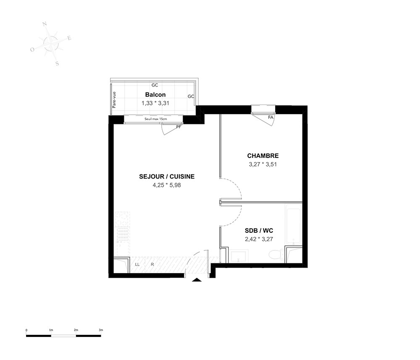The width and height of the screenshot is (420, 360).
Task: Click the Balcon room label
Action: pyautogui.click(x=155, y=95)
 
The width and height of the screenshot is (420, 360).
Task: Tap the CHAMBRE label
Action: pyautogui.click(x=263, y=155)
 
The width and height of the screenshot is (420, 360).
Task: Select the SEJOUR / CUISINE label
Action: pyautogui.click(x=167, y=176)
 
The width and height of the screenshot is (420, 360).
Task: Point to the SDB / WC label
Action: pyautogui.click(x=259, y=231)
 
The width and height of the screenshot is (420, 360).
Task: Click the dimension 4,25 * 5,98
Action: pyautogui.click(x=167, y=185)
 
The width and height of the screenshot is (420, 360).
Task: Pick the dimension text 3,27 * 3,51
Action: pyautogui.click(x=262, y=165)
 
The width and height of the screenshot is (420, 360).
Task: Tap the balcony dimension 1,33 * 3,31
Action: pyautogui.click(x=155, y=103)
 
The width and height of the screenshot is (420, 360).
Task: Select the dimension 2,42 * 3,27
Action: pyautogui.click(x=259, y=239)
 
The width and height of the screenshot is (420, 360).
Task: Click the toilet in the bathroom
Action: pyautogui.click(x=276, y=255)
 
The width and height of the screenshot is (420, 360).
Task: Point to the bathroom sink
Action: pyautogui.click(x=239, y=255)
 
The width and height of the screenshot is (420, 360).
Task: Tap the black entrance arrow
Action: pyautogui.click(x=197, y=280)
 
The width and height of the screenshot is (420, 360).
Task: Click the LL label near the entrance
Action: pyautogui.click(x=137, y=264)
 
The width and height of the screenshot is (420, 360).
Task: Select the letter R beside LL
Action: pyautogui.click(x=152, y=264)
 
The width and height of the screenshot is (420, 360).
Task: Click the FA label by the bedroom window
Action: pyautogui.click(x=270, y=117)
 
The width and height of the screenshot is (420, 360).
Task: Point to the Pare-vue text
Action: pyautogui.click(x=114, y=100)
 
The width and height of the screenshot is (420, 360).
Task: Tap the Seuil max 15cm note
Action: pyautogui.click(x=156, y=118)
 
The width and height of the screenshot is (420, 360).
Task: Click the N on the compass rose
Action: pyautogui.click(x=45, y=24)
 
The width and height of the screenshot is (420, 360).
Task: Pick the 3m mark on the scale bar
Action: pyautogui.click(x=101, y=330)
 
